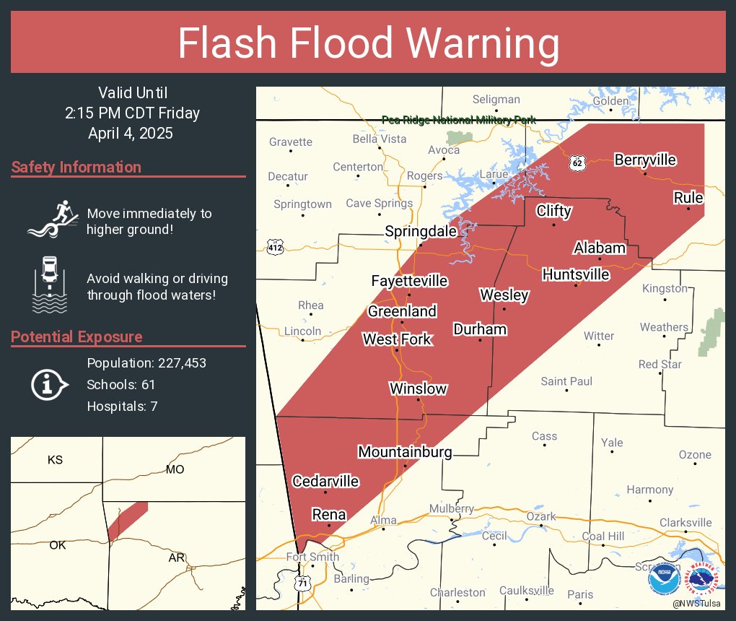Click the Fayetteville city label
click(409, 281)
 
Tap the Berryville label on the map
click(645, 160)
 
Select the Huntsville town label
click(575, 274)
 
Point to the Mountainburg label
click(405, 452)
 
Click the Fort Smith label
click(312, 557)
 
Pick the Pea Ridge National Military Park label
click(458, 120)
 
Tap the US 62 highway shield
click(576, 163)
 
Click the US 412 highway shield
click(275, 248)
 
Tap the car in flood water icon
click(50, 285)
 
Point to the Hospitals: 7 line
click(122, 406)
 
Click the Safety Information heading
click(76, 168)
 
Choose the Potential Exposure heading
click(76, 337)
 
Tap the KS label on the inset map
click(55, 460)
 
